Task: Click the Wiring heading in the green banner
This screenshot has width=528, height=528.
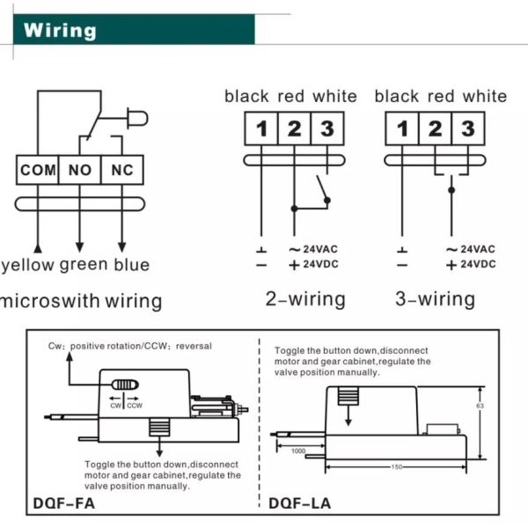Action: click(60, 30)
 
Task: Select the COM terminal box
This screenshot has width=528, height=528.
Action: click(38, 170)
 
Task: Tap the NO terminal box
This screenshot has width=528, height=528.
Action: click(80, 170)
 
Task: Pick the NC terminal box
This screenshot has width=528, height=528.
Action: click(121, 170)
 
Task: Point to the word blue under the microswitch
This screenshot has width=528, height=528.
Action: click(131, 264)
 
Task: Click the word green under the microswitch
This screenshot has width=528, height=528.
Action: click(84, 265)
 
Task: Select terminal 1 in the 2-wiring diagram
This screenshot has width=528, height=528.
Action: click(261, 130)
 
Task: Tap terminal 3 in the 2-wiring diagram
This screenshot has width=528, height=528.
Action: click(326, 130)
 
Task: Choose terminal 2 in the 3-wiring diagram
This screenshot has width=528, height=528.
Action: click(435, 130)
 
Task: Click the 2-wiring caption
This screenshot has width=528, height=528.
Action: click(305, 299)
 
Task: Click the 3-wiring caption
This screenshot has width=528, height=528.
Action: click(435, 299)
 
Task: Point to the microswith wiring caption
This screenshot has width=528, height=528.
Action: click(81, 301)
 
